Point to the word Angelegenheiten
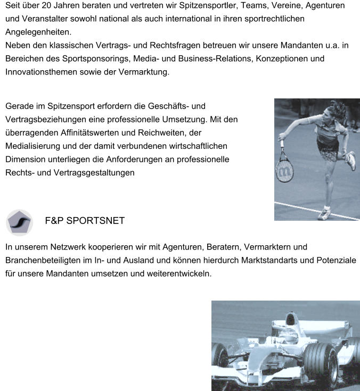click(x=37, y=32)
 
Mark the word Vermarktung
click(x=145, y=72)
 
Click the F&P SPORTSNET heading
click(x=85, y=221)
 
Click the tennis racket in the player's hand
click(x=283, y=167)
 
